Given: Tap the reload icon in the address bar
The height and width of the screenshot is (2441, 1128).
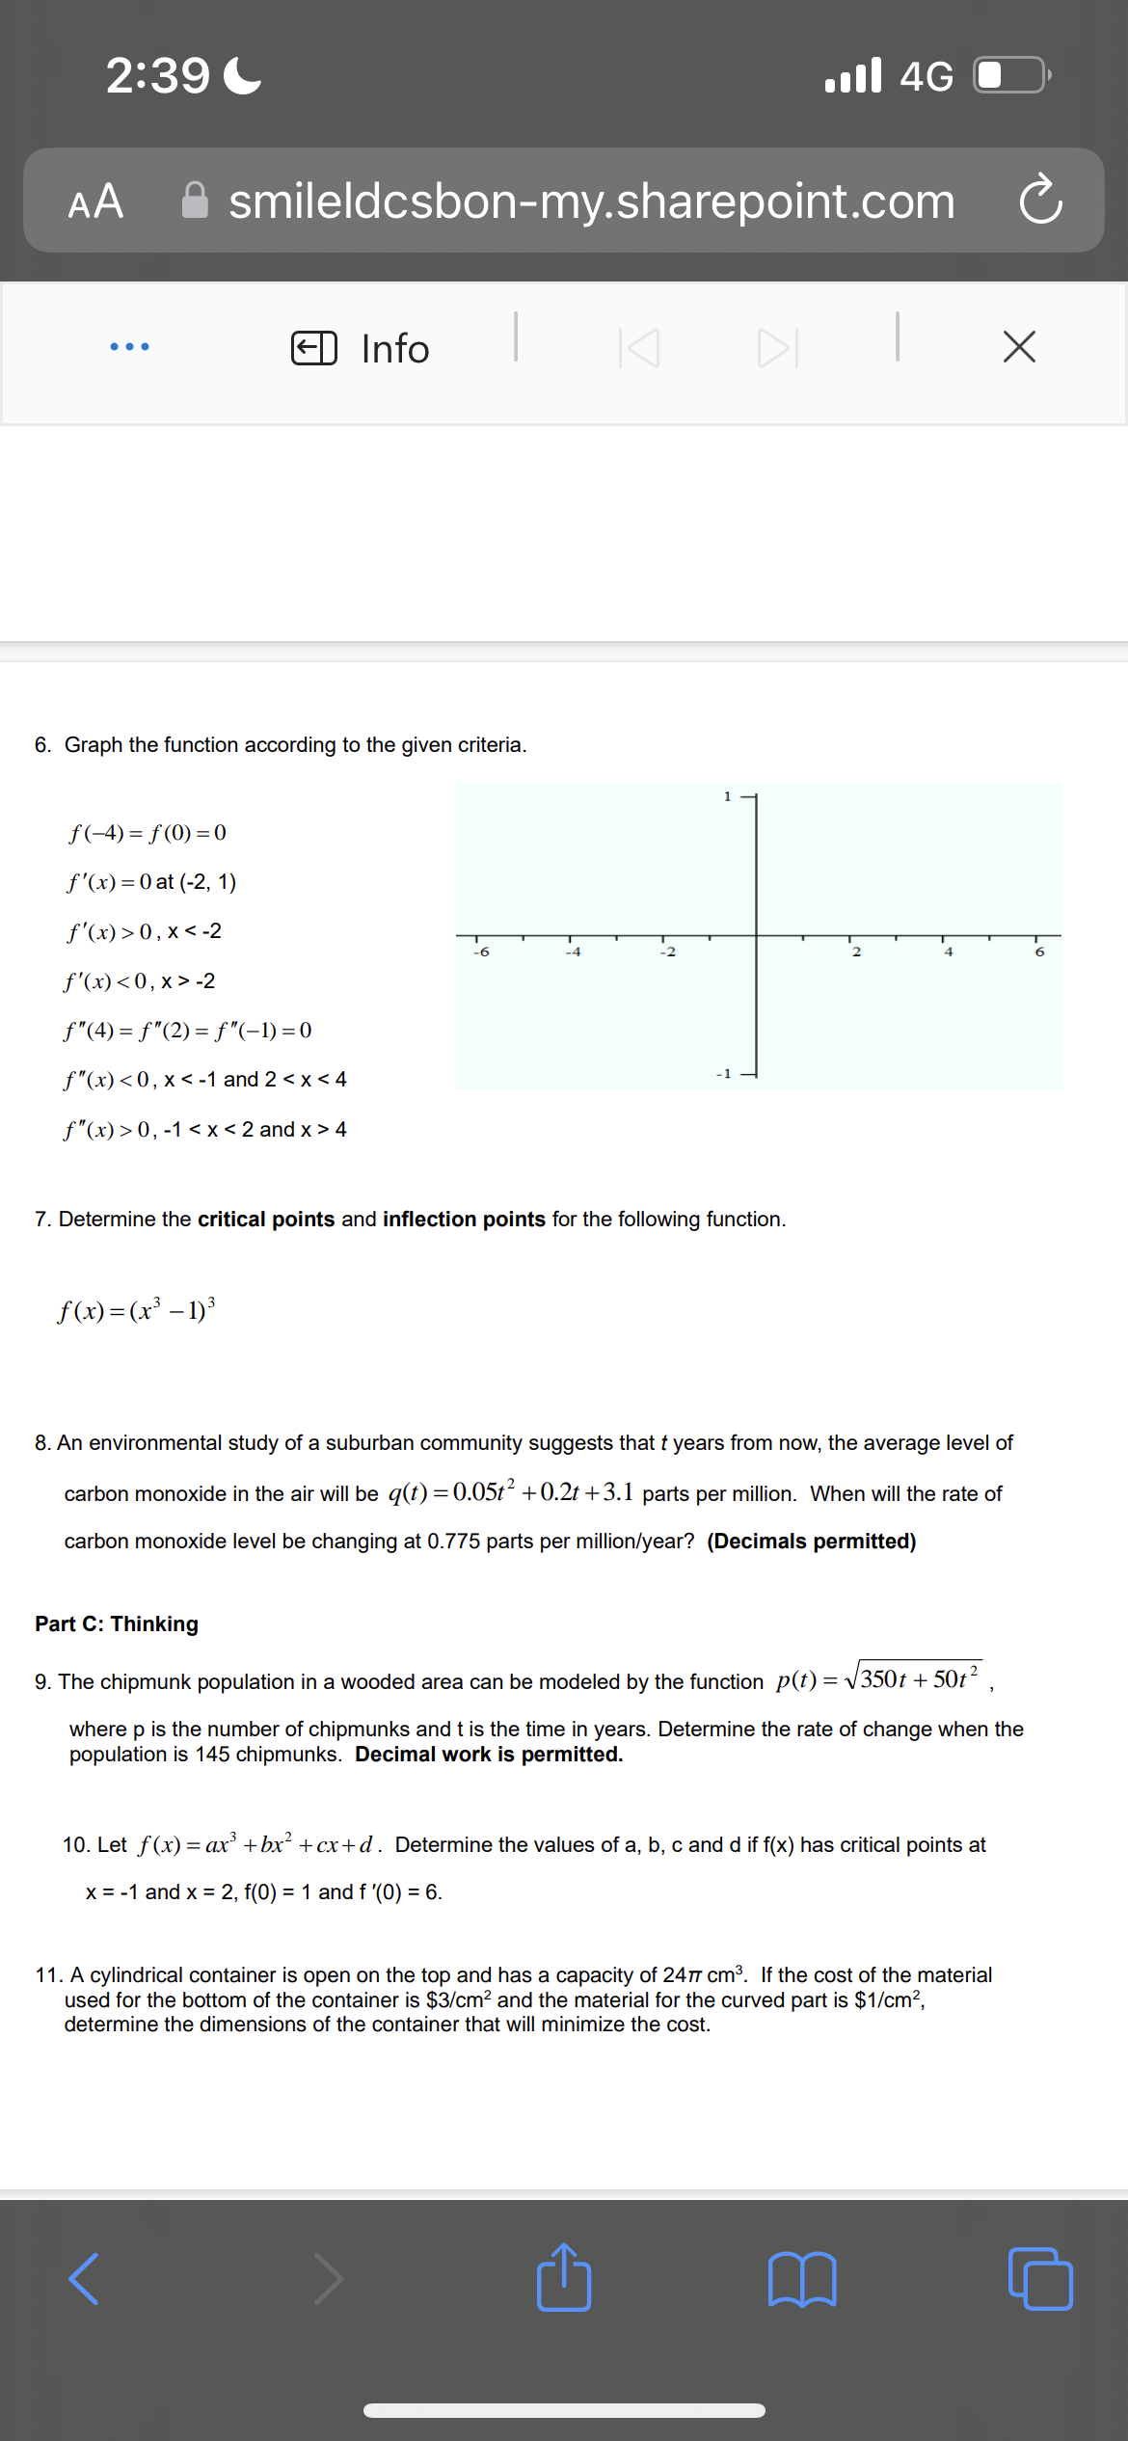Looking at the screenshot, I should pos(1040,200).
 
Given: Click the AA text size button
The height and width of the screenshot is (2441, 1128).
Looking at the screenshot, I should pos(95,201).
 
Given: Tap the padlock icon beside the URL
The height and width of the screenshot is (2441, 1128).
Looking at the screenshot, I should pos(195,201).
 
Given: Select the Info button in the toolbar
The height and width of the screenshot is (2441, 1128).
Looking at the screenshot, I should pos(362,348).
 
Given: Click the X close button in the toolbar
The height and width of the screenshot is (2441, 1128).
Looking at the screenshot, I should pos(1019,347).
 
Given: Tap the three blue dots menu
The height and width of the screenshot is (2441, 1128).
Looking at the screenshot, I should pos(129,346).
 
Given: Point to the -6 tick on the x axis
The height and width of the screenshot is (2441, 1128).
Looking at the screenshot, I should pos(481,952).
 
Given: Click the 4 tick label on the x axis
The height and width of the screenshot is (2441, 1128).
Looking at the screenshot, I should pos(948,952).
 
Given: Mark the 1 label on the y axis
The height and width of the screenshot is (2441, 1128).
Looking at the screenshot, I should pos(728,796).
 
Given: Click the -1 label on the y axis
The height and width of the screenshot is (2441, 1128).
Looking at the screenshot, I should pos(724,1073).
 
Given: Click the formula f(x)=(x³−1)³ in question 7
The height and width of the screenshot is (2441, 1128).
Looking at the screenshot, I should pos(137,1310).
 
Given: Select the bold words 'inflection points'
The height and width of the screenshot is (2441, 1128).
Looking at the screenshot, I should pos(464,1220).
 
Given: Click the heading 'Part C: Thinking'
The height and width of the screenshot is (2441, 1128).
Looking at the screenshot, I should pos(117,1624).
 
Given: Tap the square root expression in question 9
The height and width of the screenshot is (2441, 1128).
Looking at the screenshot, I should pos(913,1679).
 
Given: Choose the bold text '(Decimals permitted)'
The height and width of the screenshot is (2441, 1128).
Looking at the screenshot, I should pos(811,1542).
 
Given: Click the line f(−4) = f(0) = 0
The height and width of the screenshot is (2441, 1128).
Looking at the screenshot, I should pos(148,833).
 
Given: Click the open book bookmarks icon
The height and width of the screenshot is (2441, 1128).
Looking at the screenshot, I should pos(802,2279).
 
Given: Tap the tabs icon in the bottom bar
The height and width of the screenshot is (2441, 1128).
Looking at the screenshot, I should pos(1039,2279).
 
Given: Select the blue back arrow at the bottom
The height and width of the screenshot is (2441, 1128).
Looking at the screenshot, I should pos(85,2279).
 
